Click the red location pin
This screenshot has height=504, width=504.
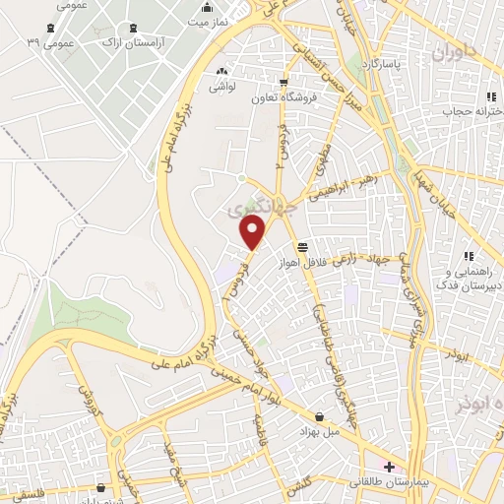coord(254,232)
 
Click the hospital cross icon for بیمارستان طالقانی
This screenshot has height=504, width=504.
coord(389,466)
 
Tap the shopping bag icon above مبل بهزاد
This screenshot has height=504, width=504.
coord(320,416)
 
